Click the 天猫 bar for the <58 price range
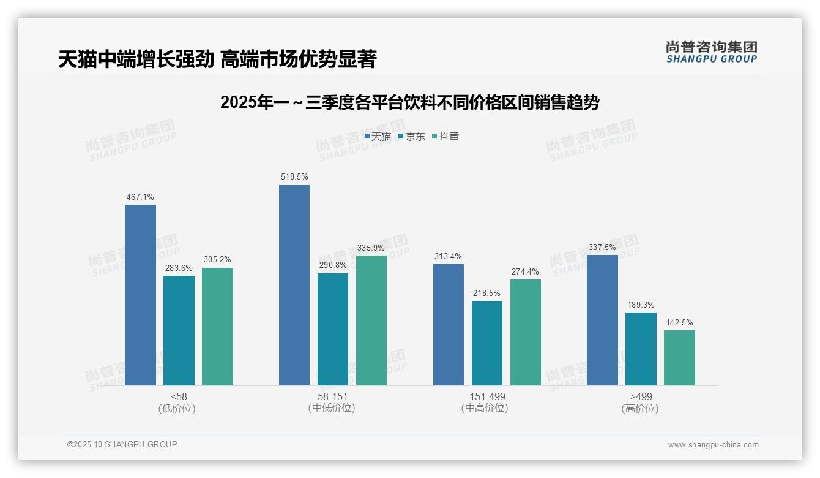140,295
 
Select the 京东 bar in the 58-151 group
333,329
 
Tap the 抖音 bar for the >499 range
679,358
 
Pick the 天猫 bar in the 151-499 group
449,325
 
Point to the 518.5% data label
294,177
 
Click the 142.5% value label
679,322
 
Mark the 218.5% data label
486,293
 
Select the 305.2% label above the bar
217,260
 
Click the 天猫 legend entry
378,137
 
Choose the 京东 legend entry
411,137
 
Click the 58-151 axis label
332,396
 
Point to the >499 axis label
640,396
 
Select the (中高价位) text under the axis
486,408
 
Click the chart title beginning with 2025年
409,102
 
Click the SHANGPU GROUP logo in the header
711,52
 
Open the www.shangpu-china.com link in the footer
713,445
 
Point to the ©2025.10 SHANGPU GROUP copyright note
122,444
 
